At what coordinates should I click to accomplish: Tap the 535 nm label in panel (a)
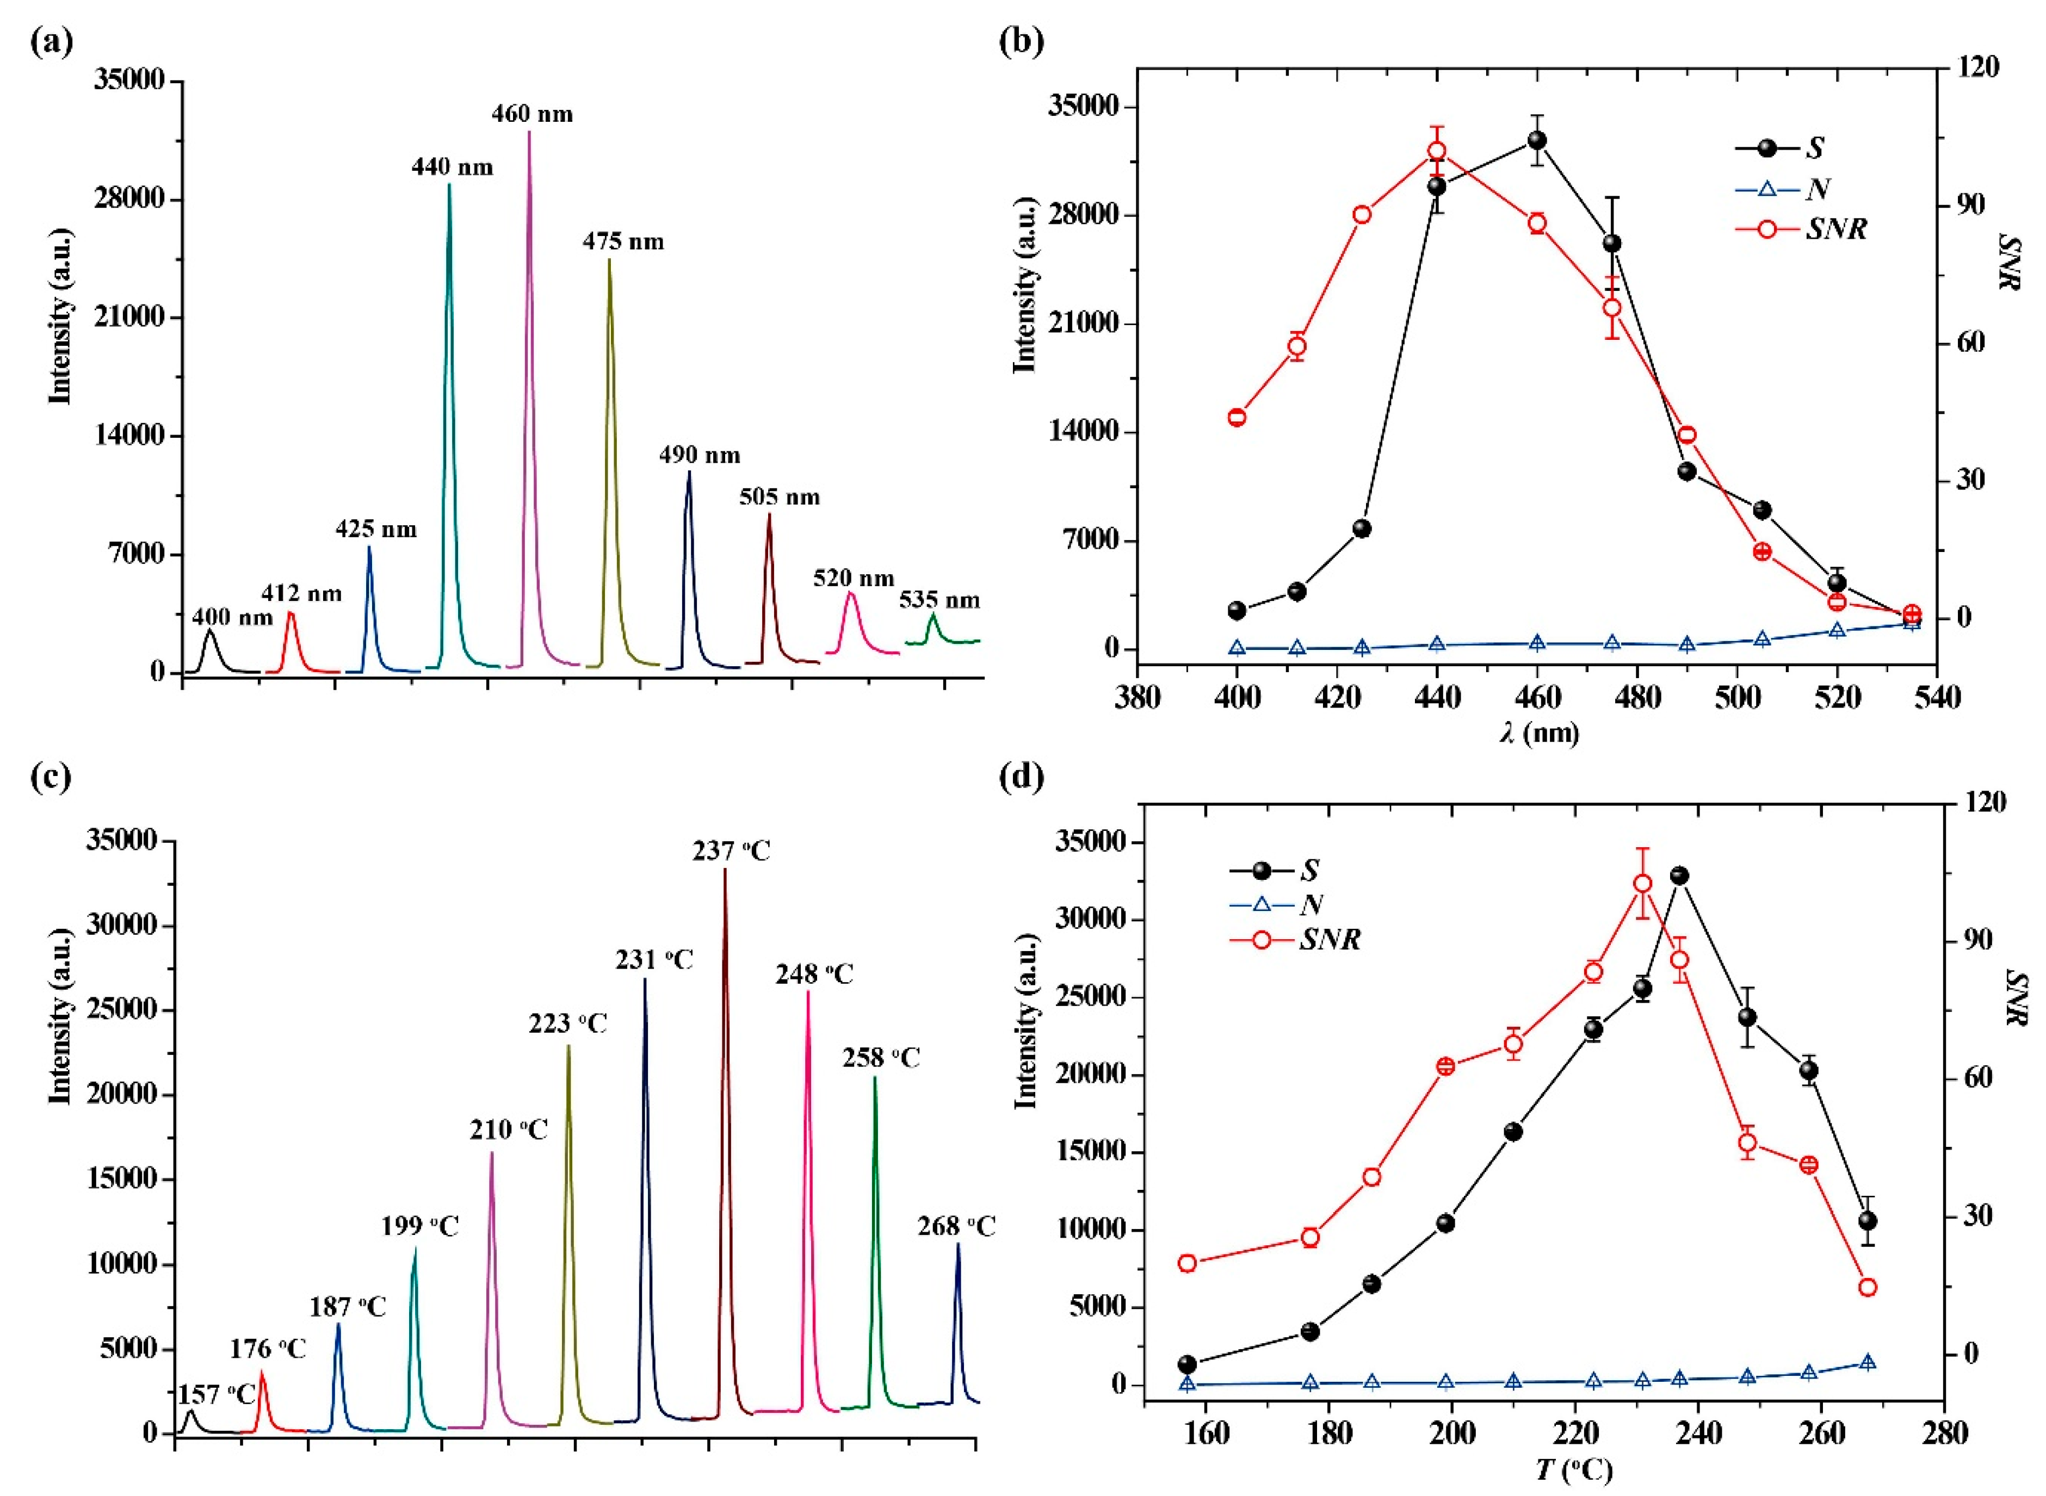pyautogui.click(x=939, y=600)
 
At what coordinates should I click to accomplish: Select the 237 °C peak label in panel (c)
pyautogui.click(x=731, y=851)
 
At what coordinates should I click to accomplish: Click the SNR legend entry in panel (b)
pyautogui.click(x=1836, y=229)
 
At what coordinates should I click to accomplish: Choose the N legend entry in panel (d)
pyautogui.click(x=1312, y=904)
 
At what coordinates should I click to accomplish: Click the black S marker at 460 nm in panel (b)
pyautogui.click(x=1537, y=140)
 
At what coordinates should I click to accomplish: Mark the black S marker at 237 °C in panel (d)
pyautogui.click(x=1679, y=876)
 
